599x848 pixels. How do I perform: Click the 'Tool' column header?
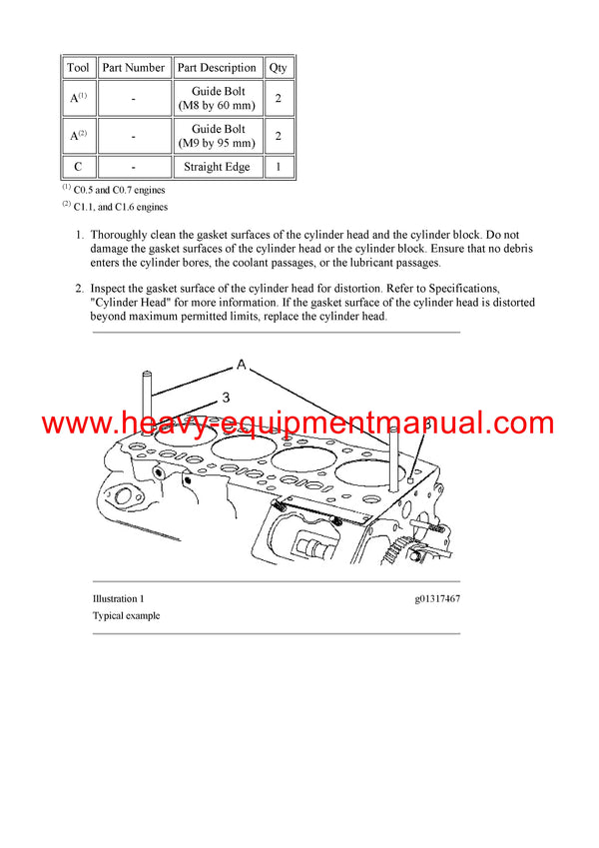point(78,68)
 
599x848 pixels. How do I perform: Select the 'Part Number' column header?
point(133,68)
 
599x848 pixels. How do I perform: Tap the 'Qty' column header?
point(278,68)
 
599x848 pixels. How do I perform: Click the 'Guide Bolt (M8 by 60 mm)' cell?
point(217,98)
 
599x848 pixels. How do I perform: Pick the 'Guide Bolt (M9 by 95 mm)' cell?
point(217,136)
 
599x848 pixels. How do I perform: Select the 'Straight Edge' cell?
point(217,167)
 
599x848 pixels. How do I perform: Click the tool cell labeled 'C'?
point(78,167)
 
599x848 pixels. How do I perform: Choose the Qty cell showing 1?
point(278,167)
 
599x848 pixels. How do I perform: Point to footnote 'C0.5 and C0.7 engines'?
point(119,189)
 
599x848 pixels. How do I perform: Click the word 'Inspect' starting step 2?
point(110,288)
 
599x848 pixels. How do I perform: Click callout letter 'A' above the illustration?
point(241,364)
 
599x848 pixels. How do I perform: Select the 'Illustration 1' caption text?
point(119,598)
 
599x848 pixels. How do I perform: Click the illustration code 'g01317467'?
point(437,598)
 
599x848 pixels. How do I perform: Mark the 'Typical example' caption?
point(126,615)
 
